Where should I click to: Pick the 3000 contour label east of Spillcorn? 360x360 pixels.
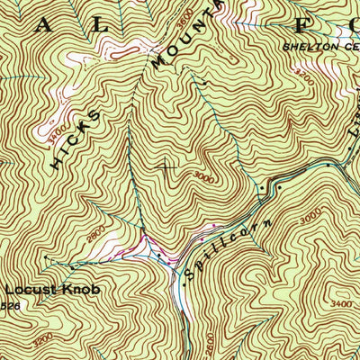(310, 217)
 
